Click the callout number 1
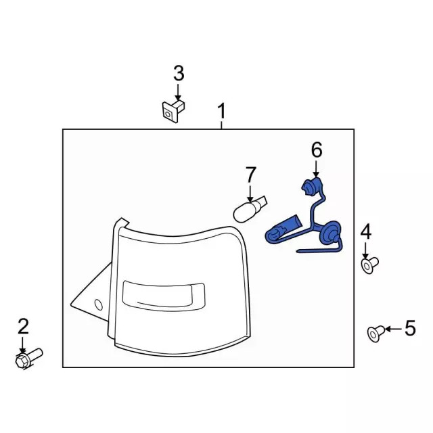coord(221,110)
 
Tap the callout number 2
coord(23,327)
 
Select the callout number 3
coord(178,72)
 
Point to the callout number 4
coord(365,231)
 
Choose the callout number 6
coord(316,150)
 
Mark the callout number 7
coord(250,174)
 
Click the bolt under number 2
coord(27,357)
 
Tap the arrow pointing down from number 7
coord(250,191)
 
